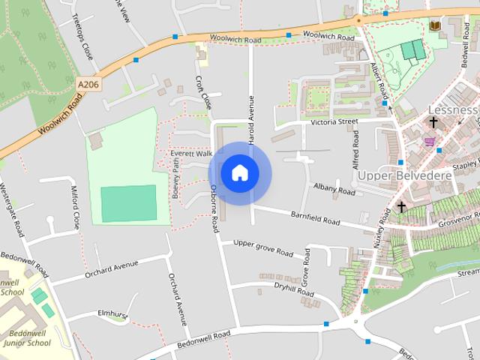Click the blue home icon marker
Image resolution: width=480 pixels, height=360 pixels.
[239, 172]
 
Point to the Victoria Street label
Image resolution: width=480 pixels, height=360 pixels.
[335, 121]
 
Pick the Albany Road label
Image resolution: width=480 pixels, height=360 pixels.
[334, 190]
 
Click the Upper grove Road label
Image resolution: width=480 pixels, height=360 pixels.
[262, 247]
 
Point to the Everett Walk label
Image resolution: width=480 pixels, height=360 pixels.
[187, 154]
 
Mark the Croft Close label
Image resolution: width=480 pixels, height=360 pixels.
[202, 92]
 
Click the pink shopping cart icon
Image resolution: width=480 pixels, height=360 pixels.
[429, 141]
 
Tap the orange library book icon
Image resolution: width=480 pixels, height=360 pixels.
[434, 26]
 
